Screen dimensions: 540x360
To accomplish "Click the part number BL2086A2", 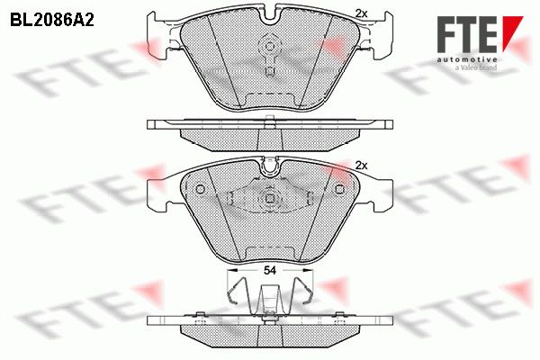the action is point(52,21).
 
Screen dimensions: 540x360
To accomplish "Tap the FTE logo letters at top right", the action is point(467,34).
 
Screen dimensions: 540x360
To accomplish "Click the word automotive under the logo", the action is point(467,60).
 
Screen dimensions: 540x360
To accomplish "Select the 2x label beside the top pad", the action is point(361,13).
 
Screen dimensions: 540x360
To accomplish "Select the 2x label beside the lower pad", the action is point(361,166).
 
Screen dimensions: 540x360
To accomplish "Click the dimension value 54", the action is point(270,270).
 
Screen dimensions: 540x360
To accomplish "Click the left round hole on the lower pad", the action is point(200,189).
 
